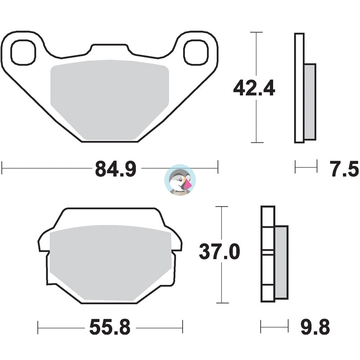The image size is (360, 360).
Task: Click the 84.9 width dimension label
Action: (x=116, y=169)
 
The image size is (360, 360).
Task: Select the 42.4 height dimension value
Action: (x=254, y=88)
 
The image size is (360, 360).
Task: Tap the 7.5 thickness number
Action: (x=344, y=169)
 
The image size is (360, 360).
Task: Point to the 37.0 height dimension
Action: (x=220, y=252)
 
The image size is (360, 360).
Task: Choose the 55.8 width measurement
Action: (x=110, y=327)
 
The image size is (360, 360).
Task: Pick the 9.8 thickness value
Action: (x=315, y=327)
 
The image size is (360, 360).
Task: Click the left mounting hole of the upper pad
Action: (x=23, y=52)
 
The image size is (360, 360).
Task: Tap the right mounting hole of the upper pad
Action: (x=196, y=52)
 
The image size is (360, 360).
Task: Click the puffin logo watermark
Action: (x=180, y=180)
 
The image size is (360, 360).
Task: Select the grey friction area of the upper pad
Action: (x=110, y=100)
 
